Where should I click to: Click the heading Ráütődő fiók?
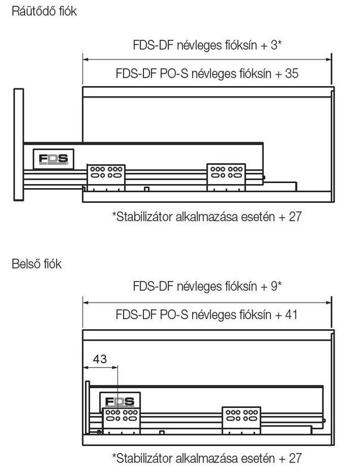click(44, 11)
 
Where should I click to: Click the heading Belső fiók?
click(36, 263)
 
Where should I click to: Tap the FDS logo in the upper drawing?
click(53, 159)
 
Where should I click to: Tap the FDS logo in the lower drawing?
click(120, 401)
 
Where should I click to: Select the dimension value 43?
click(100, 359)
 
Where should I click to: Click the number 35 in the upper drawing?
click(291, 73)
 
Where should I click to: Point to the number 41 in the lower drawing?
click(291, 314)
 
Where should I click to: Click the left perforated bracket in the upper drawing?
click(106, 177)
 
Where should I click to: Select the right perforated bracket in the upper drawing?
click(226, 177)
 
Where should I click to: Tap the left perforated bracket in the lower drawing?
click(121, 420)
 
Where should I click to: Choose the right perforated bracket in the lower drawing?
click(242, 420)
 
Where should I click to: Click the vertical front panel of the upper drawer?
click(19, 144)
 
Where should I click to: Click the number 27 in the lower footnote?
click(295, 458)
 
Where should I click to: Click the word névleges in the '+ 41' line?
click(214, 315)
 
